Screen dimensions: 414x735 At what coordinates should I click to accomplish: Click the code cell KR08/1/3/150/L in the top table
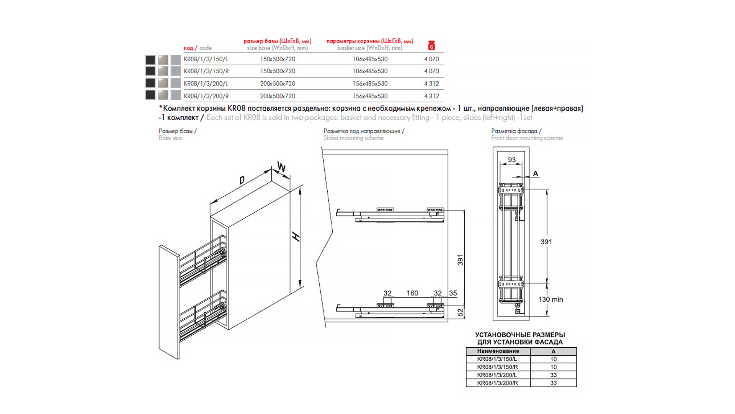tap(206, 59)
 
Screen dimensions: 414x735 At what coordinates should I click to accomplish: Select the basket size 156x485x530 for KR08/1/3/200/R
tap(370, 96)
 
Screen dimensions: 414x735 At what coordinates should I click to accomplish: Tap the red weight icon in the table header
tap(431, 45)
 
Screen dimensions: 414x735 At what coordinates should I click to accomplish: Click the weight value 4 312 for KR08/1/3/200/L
tap(431, 84)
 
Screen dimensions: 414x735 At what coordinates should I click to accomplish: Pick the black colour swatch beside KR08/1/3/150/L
tap(150, 60)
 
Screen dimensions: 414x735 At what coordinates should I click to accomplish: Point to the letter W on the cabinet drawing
tap(281, 168)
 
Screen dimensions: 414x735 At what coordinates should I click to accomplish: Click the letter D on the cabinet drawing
tap(242, 180)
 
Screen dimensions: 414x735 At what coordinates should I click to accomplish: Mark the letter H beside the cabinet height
tap(296, 237)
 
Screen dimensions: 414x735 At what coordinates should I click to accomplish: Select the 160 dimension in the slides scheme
tap(412, 293)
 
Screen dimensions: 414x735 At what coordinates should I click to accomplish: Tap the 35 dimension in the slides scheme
tap(453, 293)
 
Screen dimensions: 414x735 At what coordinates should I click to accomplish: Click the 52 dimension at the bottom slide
tap(461, 312)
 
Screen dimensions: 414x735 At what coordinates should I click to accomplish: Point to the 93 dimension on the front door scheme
tap(512, 160)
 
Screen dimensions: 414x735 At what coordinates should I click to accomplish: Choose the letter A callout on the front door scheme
tap(536, 174)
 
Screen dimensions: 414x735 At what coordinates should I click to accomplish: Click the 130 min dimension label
tap(550, 299)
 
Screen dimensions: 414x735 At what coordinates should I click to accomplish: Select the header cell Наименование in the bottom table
tap(498, 351)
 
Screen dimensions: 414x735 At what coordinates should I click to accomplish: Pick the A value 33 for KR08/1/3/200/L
tap(553, 375)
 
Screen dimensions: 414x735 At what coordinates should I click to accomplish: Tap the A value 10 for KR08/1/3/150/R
tap(553, 367)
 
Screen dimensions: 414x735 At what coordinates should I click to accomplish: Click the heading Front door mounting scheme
tap(527, 138)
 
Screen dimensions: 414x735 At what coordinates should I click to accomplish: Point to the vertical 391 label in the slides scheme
tap(460, 260)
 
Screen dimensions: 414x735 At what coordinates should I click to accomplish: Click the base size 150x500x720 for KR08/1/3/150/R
tap(278, 71)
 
